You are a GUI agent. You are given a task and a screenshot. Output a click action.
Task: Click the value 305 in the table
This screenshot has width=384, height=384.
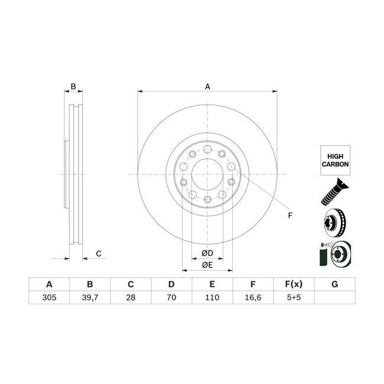pos(49,297)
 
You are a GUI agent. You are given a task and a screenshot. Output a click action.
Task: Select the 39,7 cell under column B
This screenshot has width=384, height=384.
pos(90,297)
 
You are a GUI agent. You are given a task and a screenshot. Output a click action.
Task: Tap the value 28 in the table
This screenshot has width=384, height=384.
pos(131,297)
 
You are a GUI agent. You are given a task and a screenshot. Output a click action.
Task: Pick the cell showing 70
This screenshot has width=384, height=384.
pos(171,297)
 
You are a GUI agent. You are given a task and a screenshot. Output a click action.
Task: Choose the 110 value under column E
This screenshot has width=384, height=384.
pos(212,297)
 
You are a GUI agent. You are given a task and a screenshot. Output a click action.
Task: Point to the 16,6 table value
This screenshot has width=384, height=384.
pos(253,297)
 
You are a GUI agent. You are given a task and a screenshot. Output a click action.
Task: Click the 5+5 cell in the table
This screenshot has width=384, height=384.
pos(294,297)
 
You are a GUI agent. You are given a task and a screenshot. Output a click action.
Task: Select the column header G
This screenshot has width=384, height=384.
pos(334,284)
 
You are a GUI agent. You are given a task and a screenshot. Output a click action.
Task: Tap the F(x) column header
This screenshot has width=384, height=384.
pos(294,284)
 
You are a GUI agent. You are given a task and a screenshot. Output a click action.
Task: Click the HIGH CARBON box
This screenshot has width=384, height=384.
pos(336,161)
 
